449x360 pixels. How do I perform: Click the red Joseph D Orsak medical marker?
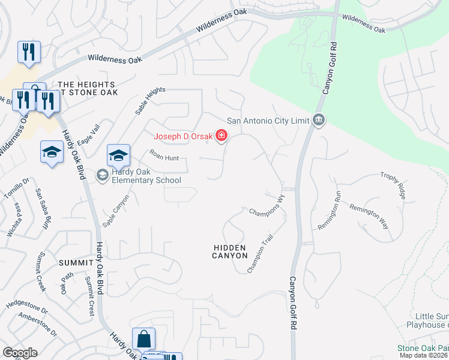(221, 137)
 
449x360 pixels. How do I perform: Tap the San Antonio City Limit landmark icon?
(319, 120)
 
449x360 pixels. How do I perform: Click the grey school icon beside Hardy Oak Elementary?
(102, 175)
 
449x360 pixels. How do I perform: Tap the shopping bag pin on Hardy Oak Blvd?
(145, 340)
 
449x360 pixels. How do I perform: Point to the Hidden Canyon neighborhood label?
(230, 251)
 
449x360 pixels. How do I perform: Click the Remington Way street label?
(369, 216)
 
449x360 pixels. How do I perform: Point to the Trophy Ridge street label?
(393, 185)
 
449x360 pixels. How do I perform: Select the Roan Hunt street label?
(163, 157)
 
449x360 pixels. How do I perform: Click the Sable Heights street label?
(150, 100)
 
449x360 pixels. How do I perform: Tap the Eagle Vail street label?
(91, 134)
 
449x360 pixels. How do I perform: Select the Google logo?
(20, 353)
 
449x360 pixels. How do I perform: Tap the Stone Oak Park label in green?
(423, 348)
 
